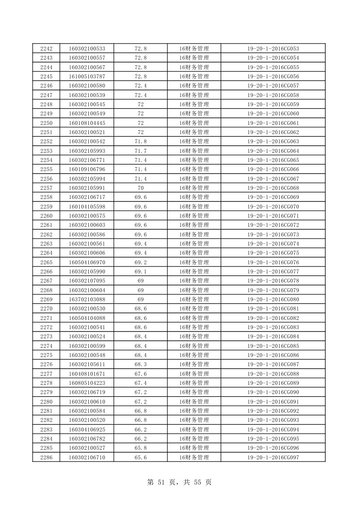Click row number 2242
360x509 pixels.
46,48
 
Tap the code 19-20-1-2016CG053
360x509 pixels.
273,48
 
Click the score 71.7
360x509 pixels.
141,151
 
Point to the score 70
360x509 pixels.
141,188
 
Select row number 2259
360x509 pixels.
46,206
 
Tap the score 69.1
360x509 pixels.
141,271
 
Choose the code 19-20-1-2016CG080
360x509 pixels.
273,299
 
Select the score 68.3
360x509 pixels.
141,364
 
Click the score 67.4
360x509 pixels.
141,383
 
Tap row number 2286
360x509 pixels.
46,457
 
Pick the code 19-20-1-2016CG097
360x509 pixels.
273,457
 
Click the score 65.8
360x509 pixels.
141,448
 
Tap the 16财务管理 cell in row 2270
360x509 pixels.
194,308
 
